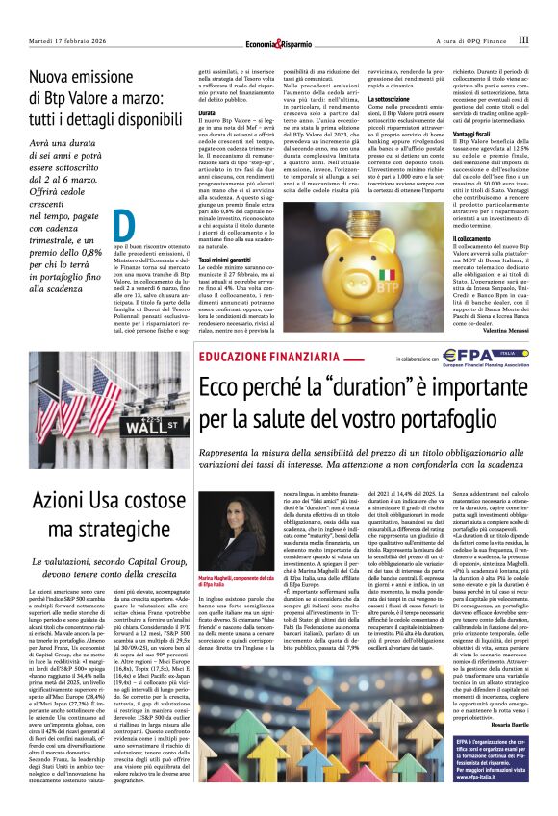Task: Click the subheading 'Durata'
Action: pos(207,111)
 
